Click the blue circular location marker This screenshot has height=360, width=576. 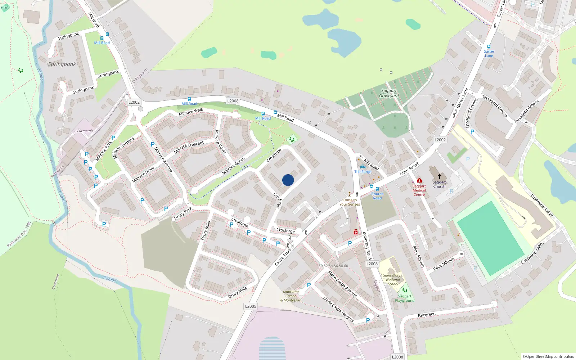(288, 180)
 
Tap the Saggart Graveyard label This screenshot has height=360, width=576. (389, 93)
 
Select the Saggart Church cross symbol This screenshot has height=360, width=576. (439, 176)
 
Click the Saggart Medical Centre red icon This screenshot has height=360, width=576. (419, 180)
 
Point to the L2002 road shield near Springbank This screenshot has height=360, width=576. (134, 102)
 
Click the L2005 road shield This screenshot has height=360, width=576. (251, 306)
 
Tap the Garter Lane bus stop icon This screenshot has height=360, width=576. (489, 47)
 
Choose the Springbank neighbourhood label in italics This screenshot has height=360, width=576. (62, 64)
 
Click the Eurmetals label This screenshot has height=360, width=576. (85, 131)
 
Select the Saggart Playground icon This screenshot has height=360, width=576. (404, 290)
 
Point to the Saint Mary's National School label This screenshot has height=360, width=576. (393, 280)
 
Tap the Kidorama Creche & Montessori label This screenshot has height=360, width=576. (291, 296)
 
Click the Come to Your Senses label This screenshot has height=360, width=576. (350, 202)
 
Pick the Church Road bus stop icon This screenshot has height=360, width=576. (377, 189)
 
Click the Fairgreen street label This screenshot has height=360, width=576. (427, 315)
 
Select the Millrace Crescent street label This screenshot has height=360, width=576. (189, 147)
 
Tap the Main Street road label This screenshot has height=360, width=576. (409, 169)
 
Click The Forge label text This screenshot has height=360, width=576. (363, 172)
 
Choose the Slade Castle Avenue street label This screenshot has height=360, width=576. (342, 284)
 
